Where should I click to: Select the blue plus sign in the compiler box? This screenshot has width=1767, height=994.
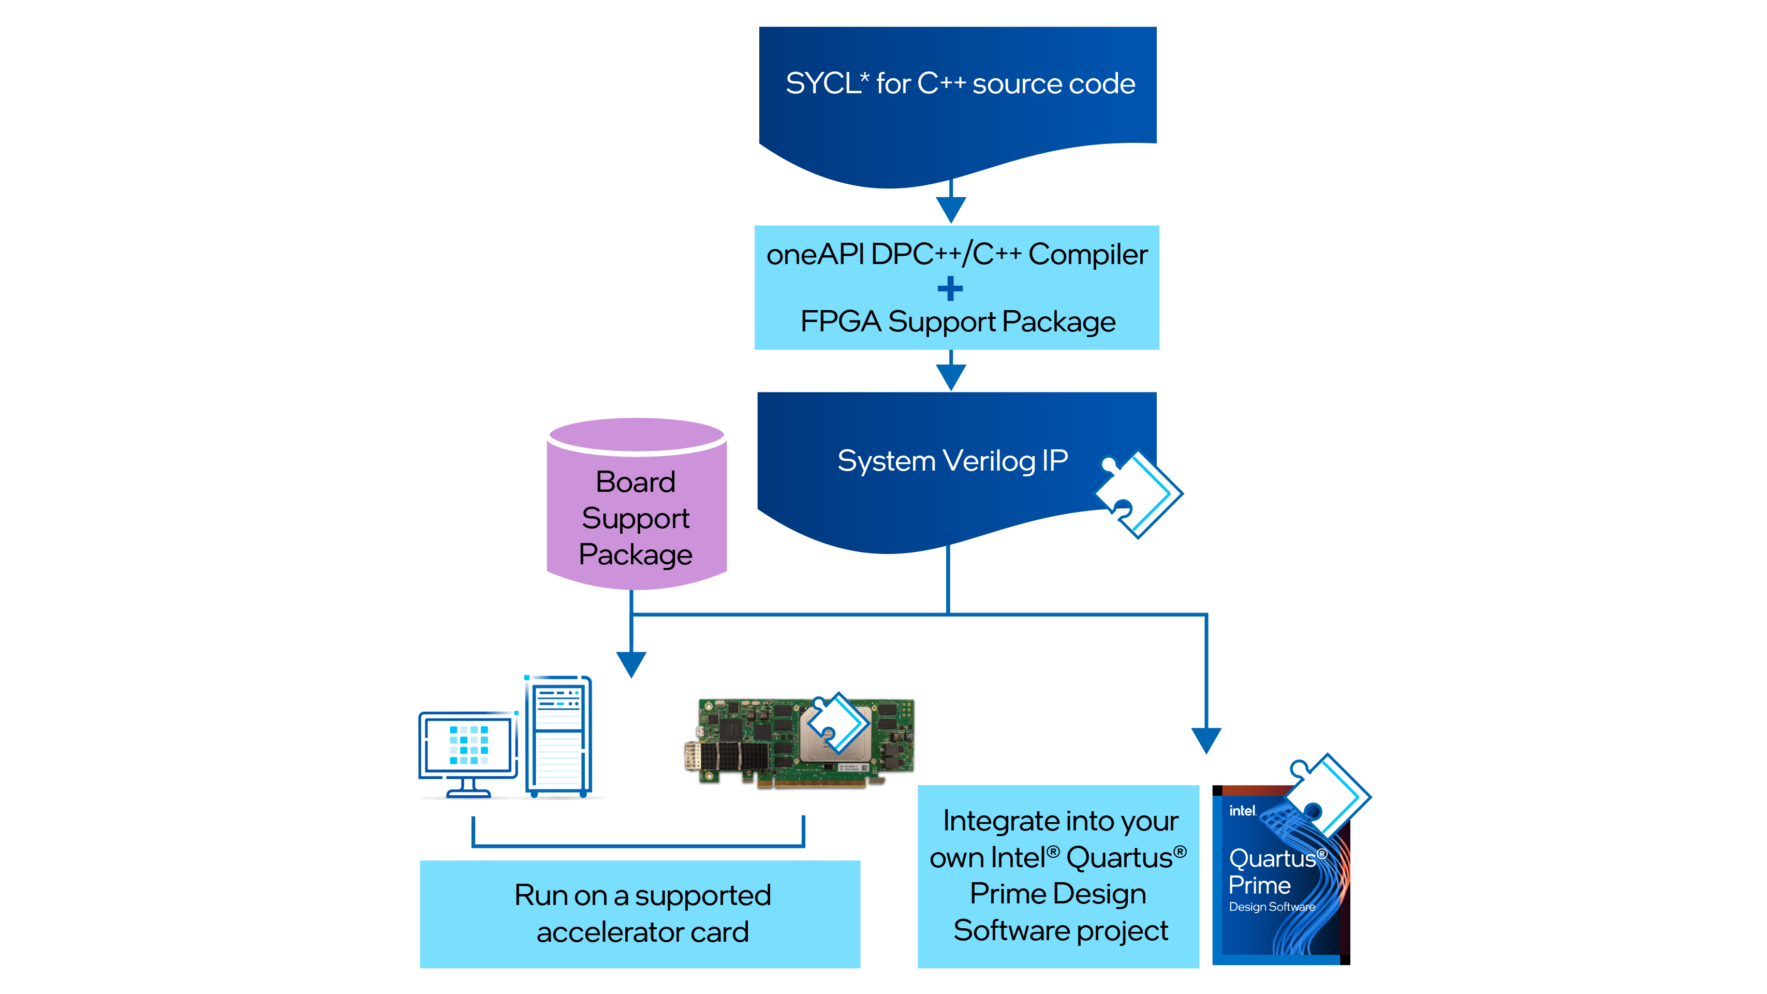(x=950, y=289)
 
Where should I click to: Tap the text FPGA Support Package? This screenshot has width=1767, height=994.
(x=958, y=321)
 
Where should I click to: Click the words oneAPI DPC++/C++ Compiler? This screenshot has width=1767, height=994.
(x=956, y=255)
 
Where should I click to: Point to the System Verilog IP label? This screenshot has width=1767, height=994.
(x=952, y=461)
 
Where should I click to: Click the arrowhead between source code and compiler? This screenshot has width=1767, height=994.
(x=951, y=208)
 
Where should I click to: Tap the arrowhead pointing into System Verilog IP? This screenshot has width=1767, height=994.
(x=951, y=375)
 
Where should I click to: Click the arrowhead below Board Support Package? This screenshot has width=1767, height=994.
(x=631, y=663)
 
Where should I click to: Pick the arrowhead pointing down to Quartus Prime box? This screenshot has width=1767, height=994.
(x=1206, y=739)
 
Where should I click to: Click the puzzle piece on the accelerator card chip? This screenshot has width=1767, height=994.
(x=838, y=724)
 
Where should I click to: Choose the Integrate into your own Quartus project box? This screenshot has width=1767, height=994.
(x=1058, y=876)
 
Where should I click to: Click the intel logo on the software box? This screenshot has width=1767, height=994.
(x=1242, y=811)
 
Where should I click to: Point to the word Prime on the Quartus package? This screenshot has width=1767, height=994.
(x=1259, y=886)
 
